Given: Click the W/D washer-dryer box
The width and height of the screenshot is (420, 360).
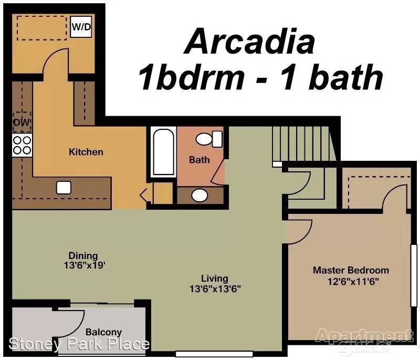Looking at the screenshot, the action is pyautogui.click(x=81, y=26).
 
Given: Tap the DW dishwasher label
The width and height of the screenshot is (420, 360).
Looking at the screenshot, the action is pyautogui.click(x=22, y=122).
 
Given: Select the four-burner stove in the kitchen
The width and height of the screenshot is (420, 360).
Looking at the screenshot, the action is pyautogui.click(x=22, y=145).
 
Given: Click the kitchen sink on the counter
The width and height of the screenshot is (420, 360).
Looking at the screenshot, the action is pyautogui.click(x=64, y=188).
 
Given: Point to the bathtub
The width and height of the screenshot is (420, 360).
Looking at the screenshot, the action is pyautogui.click(x=163, y=152).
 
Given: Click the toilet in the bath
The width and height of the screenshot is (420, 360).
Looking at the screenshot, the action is pyautogui.click(x=209, y=139).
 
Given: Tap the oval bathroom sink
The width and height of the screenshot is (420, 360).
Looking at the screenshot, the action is pyautogui.click(x=199, y=195).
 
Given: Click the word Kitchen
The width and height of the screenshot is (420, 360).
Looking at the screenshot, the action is pyautogui.click(x=86, y=152).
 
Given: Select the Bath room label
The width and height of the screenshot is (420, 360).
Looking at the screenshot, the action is pyautogui.click(x=199, y=160).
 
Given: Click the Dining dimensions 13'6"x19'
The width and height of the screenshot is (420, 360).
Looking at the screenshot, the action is pyautogui.click(x=85, y=265).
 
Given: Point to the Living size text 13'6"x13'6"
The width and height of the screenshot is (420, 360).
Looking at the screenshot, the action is pyautogui.click(x=215, y=289).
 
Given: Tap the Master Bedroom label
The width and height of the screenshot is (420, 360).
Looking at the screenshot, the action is pyautogui.click(x=351, y=270).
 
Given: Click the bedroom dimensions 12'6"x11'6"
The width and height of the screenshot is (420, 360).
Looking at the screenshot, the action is pyautogui.click(x=353, y=282).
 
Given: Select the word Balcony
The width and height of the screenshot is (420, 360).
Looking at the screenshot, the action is pyautogui.click(x=103, y=332).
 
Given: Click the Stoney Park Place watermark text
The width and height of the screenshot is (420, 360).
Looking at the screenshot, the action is pyautogui.click(x=79, y=344).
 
